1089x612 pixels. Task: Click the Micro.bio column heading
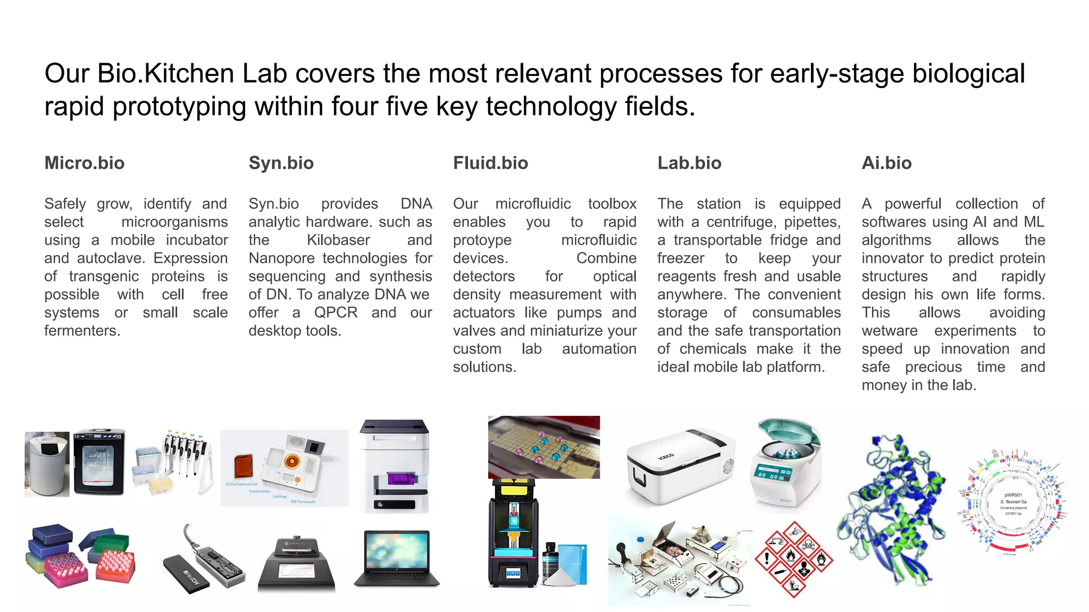tap(84, 163)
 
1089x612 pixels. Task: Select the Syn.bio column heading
tap(281, 163)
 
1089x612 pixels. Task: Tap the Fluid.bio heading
tap(490, 163)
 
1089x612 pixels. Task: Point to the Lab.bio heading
tap(689, 163)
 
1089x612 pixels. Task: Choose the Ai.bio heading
tap(886, 163)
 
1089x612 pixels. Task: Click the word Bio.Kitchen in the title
tap(165, 73)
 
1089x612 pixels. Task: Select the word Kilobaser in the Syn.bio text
tap(338, 240)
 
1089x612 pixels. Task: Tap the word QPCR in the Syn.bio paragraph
tap(336, 312)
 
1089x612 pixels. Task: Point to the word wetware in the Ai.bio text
tap(890, 331)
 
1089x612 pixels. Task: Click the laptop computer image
tap(396, 558)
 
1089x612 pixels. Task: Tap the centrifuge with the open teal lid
tap(786, 461)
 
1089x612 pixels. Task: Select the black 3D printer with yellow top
tap(513, 532)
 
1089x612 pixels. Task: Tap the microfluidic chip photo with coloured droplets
tap(543, 447)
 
